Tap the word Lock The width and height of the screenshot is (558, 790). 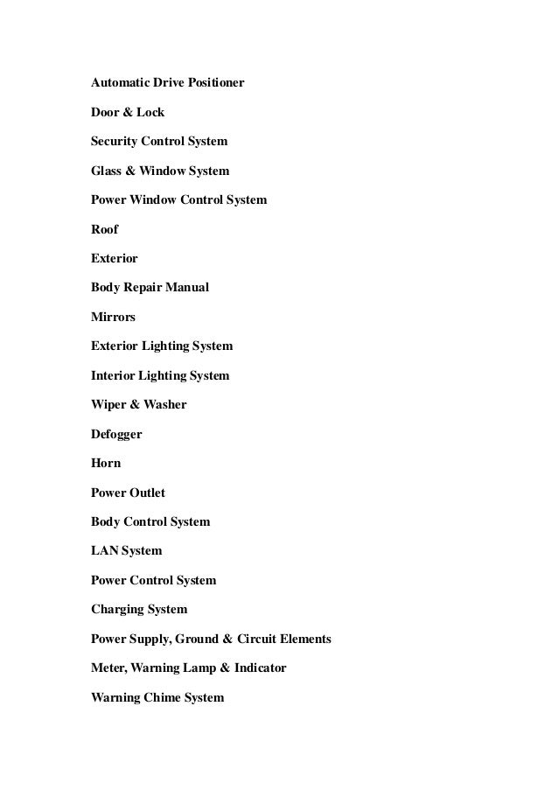click(150, 113)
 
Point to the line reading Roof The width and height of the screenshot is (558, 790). click(104, 229)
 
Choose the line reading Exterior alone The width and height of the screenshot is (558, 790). click(114, 259)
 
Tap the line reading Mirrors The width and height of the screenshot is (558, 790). click(113, 317)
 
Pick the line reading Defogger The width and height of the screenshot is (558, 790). click(116, 434)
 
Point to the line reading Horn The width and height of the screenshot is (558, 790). click(106, 463)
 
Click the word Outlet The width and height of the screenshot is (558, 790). click(145, 493)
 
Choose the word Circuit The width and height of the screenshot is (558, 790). click(259, 639)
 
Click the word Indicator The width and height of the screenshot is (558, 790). click(259, 668)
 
